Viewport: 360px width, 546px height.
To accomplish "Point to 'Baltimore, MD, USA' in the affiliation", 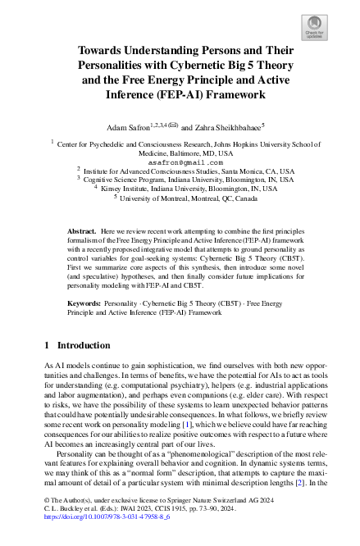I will [x=180, y=153].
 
